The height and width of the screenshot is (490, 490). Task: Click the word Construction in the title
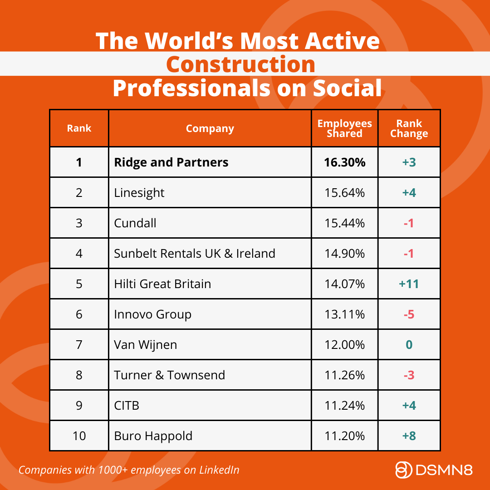[240, 64]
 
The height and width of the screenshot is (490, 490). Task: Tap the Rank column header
[79, 128]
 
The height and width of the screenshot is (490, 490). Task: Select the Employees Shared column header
[344, 128]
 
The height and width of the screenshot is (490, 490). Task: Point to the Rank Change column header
[409, 128]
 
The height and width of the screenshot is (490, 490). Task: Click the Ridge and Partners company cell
[171, 162]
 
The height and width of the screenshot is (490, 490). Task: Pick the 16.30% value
[344, 162]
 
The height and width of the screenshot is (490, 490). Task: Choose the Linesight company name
[139, 193]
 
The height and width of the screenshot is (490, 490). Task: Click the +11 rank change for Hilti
[409, 284]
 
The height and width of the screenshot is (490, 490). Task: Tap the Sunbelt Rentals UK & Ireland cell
[195, 253]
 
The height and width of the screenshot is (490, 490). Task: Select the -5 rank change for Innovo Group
[409, 314]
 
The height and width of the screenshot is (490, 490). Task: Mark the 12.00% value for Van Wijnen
[344, 345]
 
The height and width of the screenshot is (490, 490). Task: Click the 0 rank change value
[409, 345]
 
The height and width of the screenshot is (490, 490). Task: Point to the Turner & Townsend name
[169, 375]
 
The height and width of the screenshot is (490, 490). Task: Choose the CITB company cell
[127, 406]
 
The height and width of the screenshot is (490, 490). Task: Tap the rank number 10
[79, 436]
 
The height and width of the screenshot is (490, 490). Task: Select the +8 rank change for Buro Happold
[409, 436]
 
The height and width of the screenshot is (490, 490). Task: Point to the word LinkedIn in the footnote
[219, 470]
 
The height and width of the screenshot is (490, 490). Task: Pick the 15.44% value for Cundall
[344, 223]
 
